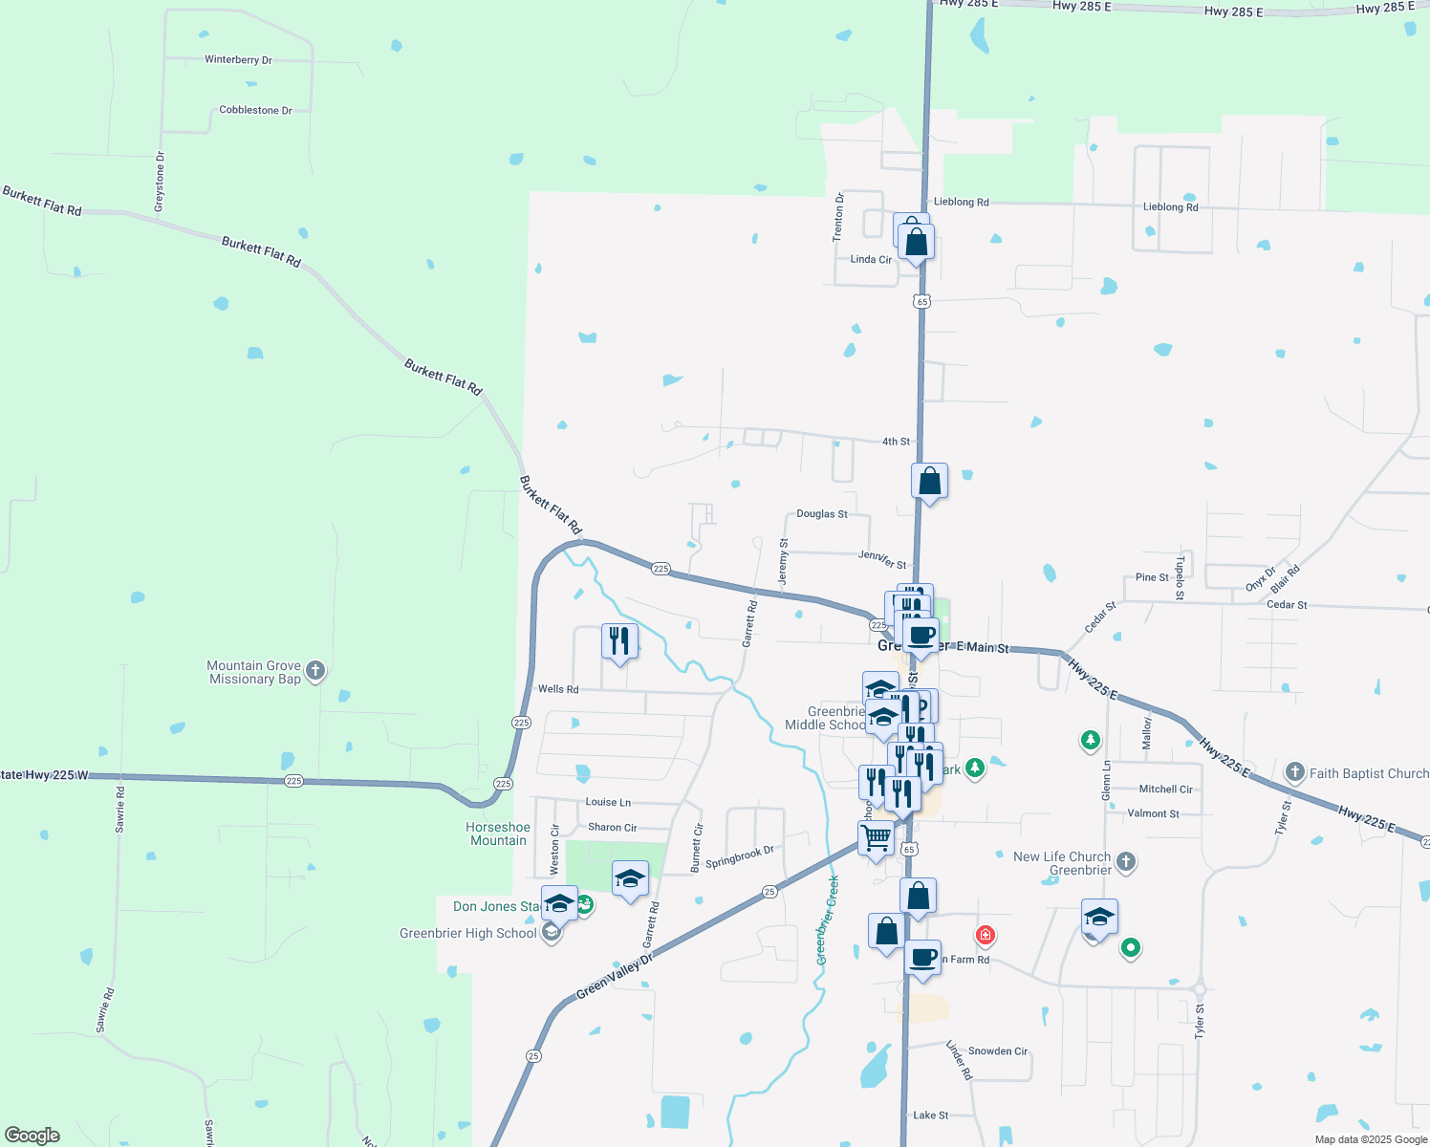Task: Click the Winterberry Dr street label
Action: click(238, 59)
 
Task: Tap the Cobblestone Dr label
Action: click(255, 110)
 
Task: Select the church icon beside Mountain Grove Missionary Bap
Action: click(315, 671)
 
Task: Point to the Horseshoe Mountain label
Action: click(498, 833)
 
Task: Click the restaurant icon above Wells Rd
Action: click(619, 640)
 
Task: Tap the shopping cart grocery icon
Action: click(877, 838)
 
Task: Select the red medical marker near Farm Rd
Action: click(985, 934)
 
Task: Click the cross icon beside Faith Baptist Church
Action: click(1294, 772)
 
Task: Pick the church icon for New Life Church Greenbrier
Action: click(1126, 862)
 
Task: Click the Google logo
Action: click(32, 1136)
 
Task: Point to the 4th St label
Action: click(896, 442)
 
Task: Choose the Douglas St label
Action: click(822, 514)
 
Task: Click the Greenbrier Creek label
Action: click(827, 920)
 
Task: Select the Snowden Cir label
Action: click(997, 1051)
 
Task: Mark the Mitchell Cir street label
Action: click(1165, 790)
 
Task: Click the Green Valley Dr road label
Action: click(614, 977)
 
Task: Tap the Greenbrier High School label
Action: click(468, 933)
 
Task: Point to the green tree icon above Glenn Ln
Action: click(1090, 740)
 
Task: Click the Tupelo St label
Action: click(1180, 578)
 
